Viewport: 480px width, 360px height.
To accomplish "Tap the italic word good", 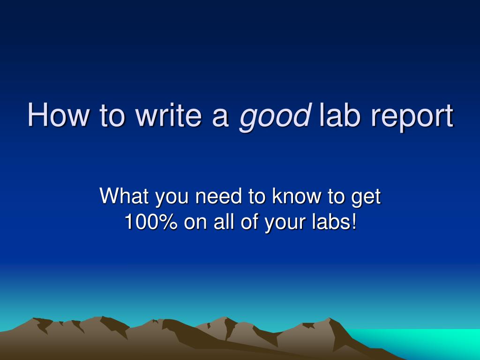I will [x=275, y=117].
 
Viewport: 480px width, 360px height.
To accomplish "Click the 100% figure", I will [x=151, y=222].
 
